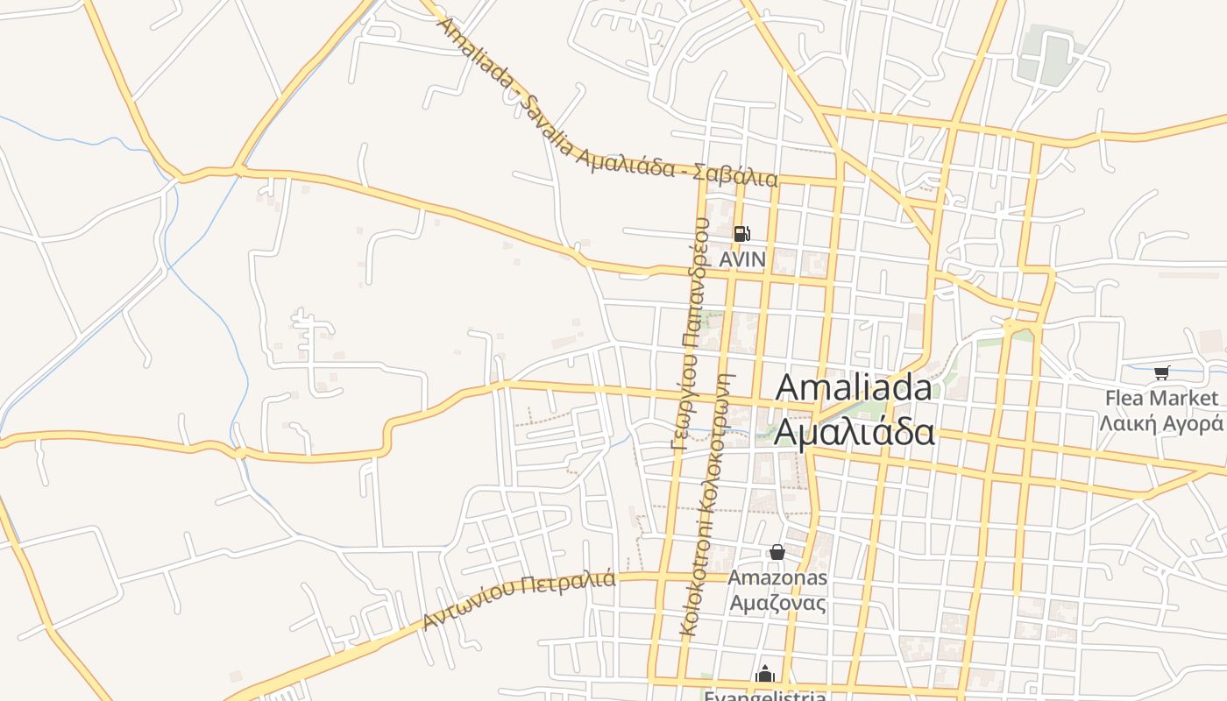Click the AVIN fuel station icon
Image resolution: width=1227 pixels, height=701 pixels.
pos(741,233)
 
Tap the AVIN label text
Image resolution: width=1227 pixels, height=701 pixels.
pos(742,260)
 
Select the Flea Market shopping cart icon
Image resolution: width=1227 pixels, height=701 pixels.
pos(1162,373)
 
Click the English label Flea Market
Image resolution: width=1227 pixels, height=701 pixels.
pos(1161,399)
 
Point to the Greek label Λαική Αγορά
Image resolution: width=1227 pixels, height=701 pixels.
pos(1161,424)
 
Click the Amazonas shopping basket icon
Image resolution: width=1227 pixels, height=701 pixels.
pos(777,552)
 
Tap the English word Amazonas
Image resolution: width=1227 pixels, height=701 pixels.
pos(777,578)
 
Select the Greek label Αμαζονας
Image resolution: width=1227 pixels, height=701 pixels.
pos(777,604)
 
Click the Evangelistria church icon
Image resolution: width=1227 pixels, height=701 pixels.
pos(765,674)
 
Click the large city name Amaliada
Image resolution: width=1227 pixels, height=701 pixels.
pos(854,387)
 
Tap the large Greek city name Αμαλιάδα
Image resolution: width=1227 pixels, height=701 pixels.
pos(854,433)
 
